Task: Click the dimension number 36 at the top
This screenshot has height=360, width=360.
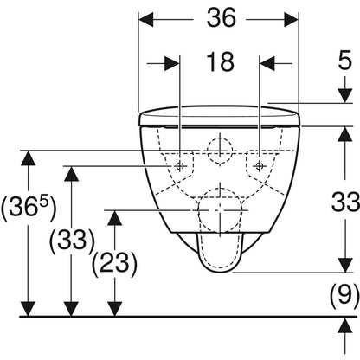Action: [222, 18]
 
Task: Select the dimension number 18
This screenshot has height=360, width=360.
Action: [221, 61]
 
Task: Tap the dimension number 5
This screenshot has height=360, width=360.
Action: [345, 60]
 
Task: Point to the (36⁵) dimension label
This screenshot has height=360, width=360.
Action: [28, 208]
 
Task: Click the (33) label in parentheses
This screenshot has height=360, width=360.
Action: [72, 241]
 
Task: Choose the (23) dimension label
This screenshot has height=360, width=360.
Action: [114, 263]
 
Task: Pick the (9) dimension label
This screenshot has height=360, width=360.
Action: [344, 295]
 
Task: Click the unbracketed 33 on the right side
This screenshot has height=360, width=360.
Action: [345, 202]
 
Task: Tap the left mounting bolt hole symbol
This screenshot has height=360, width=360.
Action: [179, 165]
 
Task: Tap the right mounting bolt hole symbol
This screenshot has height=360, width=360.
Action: [259, 165]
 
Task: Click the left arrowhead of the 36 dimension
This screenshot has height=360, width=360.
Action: [145, 20]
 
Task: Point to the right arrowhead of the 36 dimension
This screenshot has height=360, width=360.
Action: [292, 20]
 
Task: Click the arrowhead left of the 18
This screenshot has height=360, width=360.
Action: [172, 63]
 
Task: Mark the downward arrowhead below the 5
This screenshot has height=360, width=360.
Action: [345, 96]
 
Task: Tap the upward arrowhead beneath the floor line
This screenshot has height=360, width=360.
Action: [345, 325]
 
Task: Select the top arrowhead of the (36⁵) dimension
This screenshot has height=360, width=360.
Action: [28, 157]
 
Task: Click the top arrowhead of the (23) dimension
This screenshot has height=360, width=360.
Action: [115, 217]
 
